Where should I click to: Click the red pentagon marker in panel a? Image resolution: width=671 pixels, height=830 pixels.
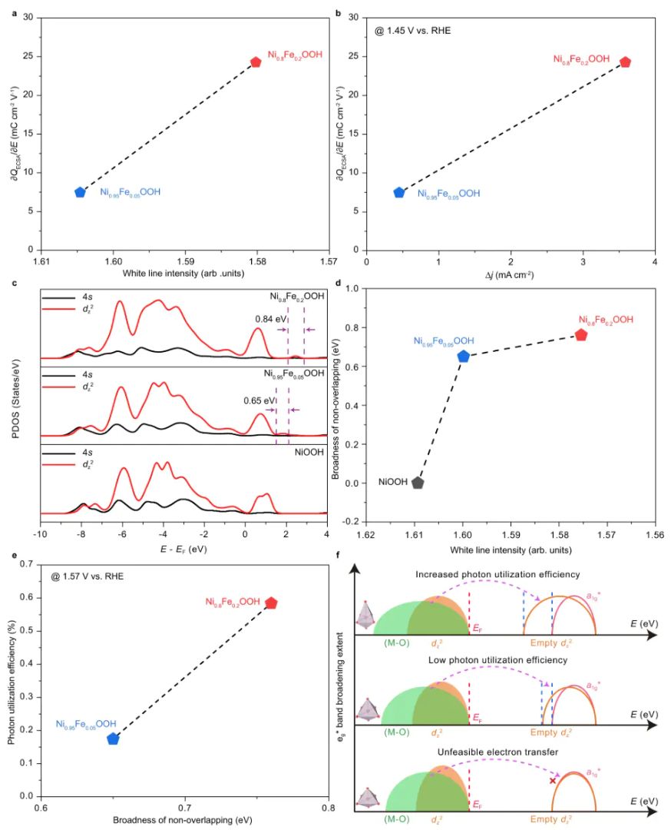click(256, 62)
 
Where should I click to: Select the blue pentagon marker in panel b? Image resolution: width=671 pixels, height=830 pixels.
click(398, 192)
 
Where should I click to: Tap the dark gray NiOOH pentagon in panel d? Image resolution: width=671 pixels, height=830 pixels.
click(418, 483)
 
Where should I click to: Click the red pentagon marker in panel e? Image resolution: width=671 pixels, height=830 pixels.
click(271, 603)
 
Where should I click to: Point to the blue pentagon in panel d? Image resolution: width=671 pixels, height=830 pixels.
click(463, 356)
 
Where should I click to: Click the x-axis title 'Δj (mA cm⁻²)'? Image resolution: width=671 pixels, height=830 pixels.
click(510, 275)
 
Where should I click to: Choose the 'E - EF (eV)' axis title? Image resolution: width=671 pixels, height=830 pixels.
click(184, 549)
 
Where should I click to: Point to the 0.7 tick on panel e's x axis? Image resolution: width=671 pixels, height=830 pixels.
click(185, 808)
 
